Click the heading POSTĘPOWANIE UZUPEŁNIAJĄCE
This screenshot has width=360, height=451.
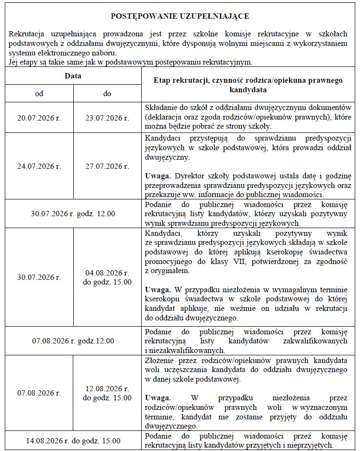click(180, 16)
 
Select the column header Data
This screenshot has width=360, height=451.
click(73, 76)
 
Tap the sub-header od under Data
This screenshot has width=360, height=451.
click(39, 93)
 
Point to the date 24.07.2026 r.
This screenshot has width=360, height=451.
click(39, 166)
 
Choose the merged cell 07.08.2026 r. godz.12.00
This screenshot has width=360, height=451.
click(73, 341)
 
